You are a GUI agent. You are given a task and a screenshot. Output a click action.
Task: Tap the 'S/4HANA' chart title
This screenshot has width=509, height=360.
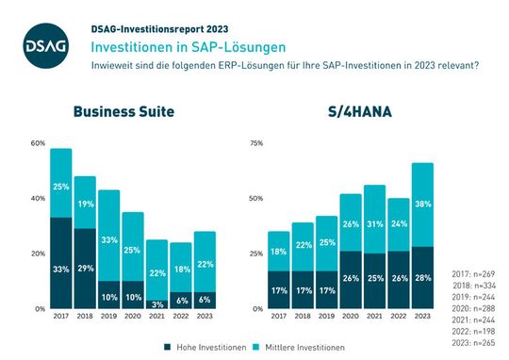(359, 111)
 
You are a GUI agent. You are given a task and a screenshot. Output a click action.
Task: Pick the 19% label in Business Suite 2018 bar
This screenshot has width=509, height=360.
(86, 203)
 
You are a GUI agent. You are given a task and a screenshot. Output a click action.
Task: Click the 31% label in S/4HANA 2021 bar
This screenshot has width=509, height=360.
(375, 223)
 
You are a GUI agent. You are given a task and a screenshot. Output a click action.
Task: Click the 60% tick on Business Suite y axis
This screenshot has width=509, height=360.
(38, 143)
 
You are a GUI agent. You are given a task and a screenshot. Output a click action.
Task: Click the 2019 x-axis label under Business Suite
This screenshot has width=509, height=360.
(109, 318)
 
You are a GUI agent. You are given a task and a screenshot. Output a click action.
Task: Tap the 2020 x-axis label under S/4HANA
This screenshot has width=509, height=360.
(351, 318)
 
